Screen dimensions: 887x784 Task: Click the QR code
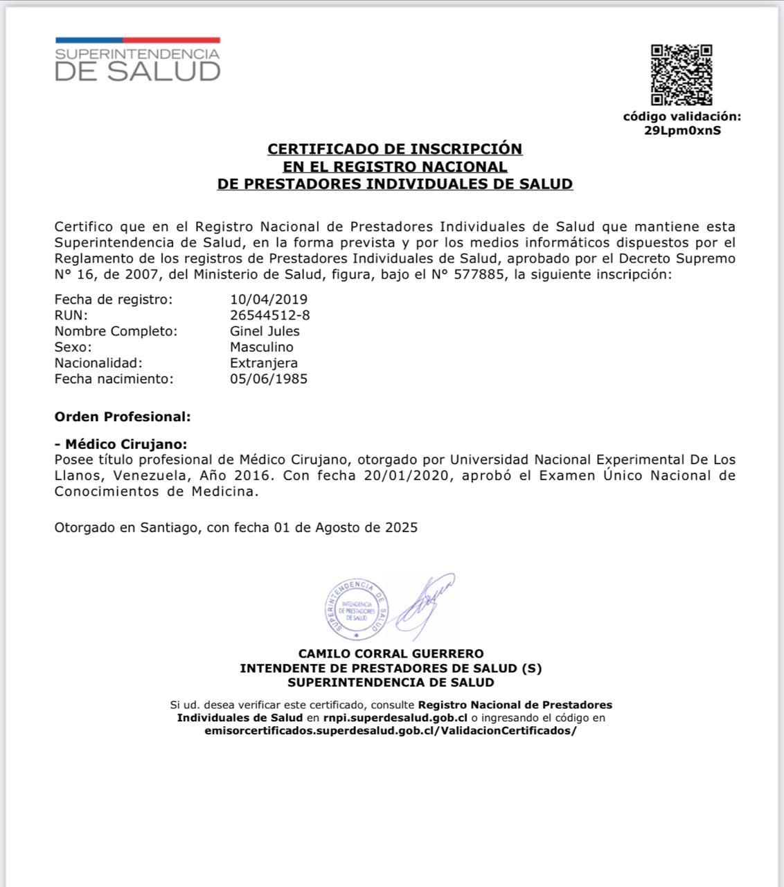pos(681,75)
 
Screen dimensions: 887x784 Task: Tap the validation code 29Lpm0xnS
pos(682,130)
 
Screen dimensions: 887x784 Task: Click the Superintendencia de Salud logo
pos(137,60)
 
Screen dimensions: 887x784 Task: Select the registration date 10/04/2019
pos(269,299)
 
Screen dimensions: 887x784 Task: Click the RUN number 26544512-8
pos(269,315)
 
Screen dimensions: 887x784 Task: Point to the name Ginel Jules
pos(265,331)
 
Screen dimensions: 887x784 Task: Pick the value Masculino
pos(261,347)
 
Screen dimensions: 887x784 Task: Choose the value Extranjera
pos(264,363)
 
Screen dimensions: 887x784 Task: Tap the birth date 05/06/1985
pos(269,379)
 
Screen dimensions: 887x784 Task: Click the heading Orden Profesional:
pos(122,417)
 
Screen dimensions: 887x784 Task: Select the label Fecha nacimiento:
pos(114,379)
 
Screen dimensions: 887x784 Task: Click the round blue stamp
pos(357,609)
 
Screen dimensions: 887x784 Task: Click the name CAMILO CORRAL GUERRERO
pos(391,653)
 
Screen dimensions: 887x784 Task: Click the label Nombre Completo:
pos(116,331)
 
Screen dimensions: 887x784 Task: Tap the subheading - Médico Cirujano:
pos(121,444)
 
